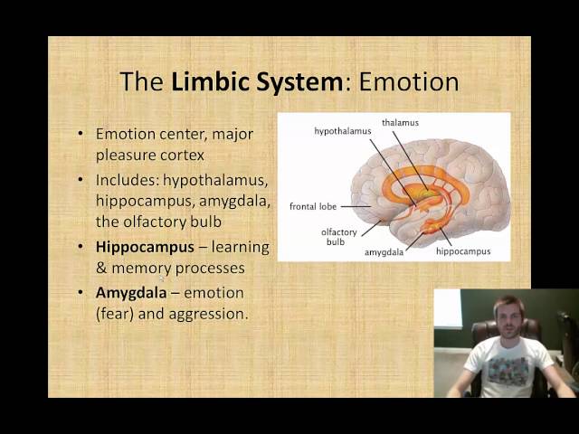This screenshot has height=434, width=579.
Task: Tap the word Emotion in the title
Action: (x=409, y=82)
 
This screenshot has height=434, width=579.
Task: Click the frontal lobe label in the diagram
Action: (x=312, y=206)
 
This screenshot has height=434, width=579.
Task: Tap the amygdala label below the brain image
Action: (x=384, y=252)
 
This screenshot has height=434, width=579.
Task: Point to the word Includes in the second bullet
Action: (x=127, y=178)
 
